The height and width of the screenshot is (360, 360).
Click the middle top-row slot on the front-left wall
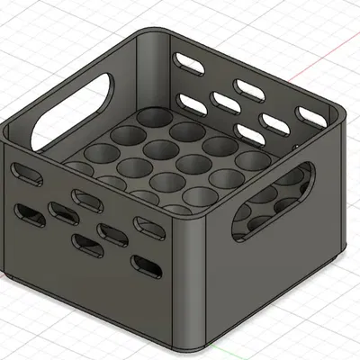tap(83, 198)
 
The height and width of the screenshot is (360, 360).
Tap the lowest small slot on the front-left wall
tap(144, 265)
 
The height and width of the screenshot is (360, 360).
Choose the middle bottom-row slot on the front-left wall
tap(87, 240)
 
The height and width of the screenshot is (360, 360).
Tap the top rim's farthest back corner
tap(153, 34)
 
